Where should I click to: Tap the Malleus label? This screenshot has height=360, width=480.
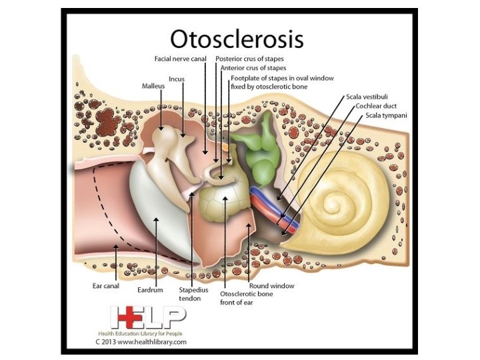point(153,86)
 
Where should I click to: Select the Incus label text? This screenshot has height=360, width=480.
point(177,78)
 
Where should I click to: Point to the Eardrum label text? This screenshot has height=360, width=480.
point(150,291)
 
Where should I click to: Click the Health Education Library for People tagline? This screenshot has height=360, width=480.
point(146,333)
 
